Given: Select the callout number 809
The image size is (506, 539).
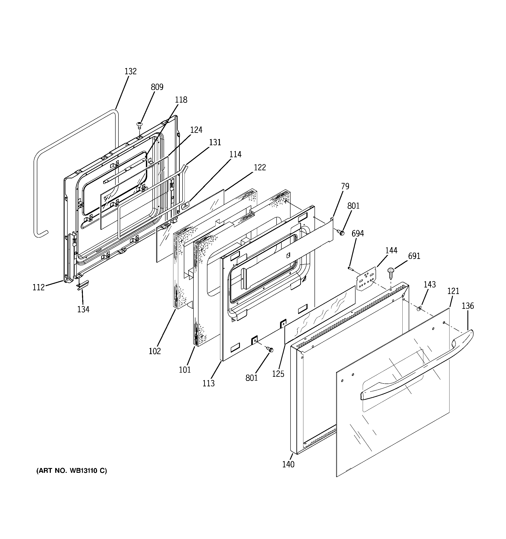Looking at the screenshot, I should (157, 87).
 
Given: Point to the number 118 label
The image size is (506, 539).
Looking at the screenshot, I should (181, 100).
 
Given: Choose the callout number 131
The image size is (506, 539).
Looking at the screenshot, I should (215, 143).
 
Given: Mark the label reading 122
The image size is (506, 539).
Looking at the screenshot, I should (260, 167).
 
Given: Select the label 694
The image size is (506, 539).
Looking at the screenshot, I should (358, 233).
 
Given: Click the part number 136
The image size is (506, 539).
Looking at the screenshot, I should (468, 306).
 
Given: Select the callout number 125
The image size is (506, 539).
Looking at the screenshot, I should (278, 374).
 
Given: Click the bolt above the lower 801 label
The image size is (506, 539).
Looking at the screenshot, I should (270, 350).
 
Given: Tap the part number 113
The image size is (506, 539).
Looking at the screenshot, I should (208, 383).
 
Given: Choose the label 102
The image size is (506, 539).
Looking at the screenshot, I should (155, 351).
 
